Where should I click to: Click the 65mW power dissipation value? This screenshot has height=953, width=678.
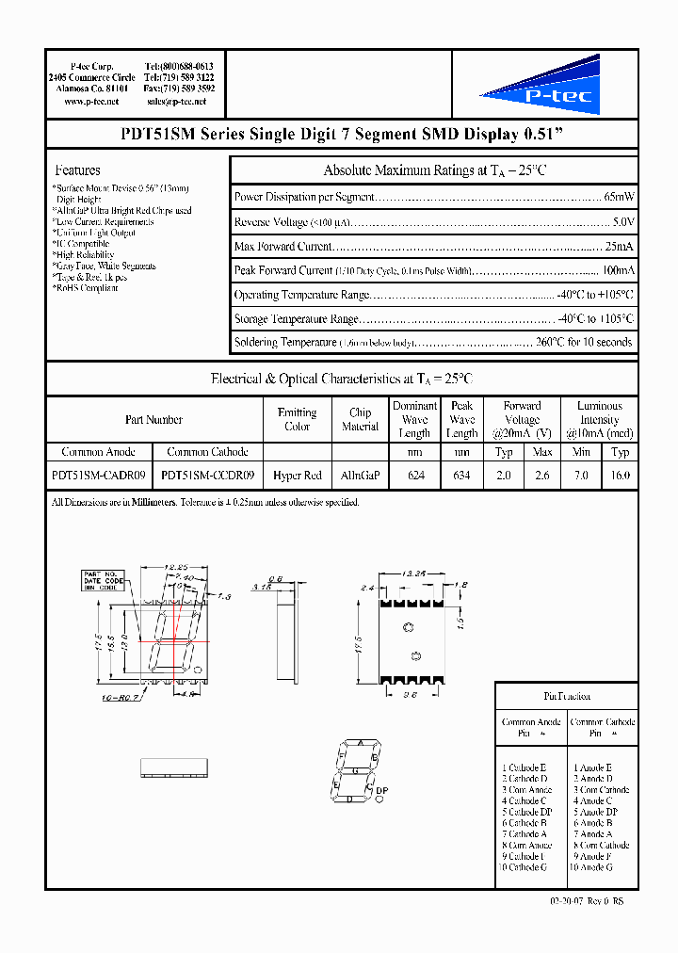click(x=618, y=197)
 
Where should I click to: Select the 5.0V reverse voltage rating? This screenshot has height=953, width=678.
click(x=622, y=221)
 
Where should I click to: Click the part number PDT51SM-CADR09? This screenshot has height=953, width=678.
click(x=98, y=476)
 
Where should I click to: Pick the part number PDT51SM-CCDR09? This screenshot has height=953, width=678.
click(x=207, y=476)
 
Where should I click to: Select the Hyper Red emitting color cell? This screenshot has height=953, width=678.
click(x=298, y=476)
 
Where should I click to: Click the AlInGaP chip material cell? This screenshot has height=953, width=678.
click(x=360, y=476)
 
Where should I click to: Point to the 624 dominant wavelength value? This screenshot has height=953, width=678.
click(x=414, y=476)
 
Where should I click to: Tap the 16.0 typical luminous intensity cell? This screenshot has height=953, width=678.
click(x=620, y=476)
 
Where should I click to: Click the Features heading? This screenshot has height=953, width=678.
click(x=78, y=170)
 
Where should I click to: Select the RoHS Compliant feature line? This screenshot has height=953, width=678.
click(x=86, y=288)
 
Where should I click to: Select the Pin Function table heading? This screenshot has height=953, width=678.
click(x=567, y=696)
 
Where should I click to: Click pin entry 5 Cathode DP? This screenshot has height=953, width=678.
click(x=527, y=812)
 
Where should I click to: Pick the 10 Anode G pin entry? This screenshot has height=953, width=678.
click(x=590, y=867)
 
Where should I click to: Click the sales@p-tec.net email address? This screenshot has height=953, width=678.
click(x=177, y=101)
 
